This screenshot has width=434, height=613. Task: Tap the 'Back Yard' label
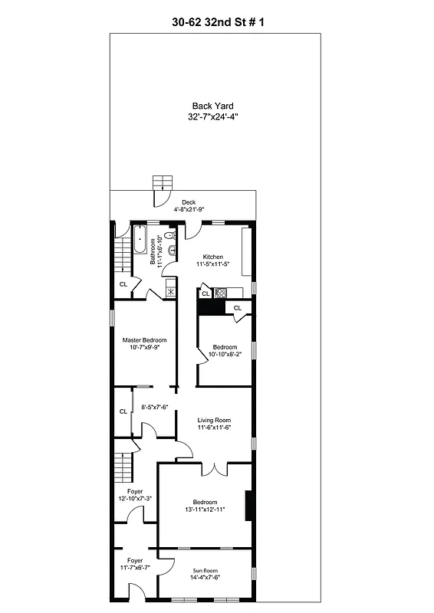click(212, 106)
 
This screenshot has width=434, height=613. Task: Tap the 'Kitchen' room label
click(212, 256)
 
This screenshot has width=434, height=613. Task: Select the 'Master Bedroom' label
click(144, 340)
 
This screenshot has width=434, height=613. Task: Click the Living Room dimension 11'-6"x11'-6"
click(214, 429)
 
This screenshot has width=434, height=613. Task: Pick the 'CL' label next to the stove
click(205, 293)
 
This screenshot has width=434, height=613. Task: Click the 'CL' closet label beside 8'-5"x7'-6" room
click(123, 411)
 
